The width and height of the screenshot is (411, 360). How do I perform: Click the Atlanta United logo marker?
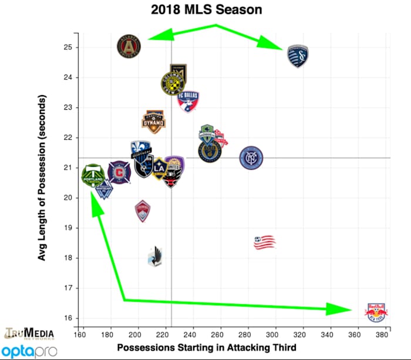130,46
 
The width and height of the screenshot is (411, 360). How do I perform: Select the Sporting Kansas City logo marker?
298,56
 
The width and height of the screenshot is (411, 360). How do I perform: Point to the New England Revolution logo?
265,242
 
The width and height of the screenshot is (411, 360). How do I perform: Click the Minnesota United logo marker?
156,255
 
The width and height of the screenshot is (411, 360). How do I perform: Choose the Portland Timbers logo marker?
92,175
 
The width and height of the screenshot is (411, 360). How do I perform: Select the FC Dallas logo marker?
188,102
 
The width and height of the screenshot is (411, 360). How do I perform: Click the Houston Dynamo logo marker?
154,120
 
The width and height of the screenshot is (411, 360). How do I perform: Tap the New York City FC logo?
251,157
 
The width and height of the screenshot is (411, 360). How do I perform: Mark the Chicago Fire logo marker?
119,172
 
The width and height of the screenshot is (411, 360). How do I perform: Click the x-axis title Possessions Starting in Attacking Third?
206,348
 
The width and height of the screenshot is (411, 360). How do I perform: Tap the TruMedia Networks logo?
29,332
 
